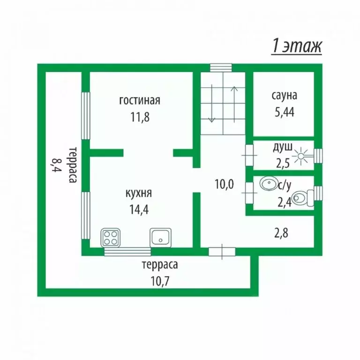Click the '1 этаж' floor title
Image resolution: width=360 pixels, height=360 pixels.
click(x=297, y=46)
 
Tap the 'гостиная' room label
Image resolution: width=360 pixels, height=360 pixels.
click(x=140, y=100)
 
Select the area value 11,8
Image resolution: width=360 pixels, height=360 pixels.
click(x=140, y=117)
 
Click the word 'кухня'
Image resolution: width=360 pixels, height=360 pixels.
click(x=139, y=193)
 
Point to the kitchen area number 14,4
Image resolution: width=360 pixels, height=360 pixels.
click(x=139, y=209)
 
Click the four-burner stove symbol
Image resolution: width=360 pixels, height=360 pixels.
click(x=111, y=238)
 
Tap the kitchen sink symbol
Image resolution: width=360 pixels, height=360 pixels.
click(x=160, y=238)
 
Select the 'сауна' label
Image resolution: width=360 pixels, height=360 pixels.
click(x=285, y=95)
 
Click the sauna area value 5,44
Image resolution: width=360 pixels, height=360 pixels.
click(x=285, y=112)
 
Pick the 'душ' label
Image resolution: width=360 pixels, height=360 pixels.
click(x=283, y=147)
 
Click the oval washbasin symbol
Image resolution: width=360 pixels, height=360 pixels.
click(x=269, y=183)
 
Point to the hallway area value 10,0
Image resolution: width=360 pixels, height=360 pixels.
click(x=225, y=184)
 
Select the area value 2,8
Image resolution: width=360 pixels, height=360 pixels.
click(x=281, y=233)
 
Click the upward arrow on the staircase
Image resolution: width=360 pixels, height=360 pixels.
click(x=234, y=104)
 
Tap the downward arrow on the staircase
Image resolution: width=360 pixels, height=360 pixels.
click(x=211, y=103)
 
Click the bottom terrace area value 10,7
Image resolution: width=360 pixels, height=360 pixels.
click(x=160, y=281)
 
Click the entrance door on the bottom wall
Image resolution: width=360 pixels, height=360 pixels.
click(x=222, y=252)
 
